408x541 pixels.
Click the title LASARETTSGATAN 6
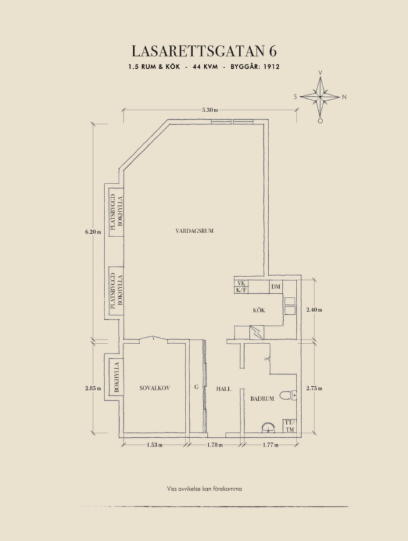click(x=204, y=51)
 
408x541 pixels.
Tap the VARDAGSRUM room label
click(x=194, y=231)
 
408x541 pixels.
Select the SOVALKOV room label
click(x=155, y=388)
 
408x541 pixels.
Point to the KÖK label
click(x=259, y=310)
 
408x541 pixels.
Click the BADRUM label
click(x=262, y=398)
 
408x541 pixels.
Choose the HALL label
click(x=224, y=389)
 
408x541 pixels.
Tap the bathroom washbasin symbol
click(x=268, y=428)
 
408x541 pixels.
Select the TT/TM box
click(x=289, y=426)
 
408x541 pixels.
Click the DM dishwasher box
click(x=275, y=286)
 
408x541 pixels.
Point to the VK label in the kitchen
click(x=241, y=284)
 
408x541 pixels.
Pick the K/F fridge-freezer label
click(x=241, y=290)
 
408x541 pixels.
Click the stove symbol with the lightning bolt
click(x=256, y=333)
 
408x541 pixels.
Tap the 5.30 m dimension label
click(x=210, y=110)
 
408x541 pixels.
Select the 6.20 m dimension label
click(x=93, y=231)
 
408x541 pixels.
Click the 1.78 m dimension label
click(x=215, y=445)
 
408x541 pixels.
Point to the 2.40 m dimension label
click(x=314, y=310)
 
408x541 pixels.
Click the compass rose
click(x=320, y=97)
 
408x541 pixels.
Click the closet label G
click(x=196, y=387)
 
